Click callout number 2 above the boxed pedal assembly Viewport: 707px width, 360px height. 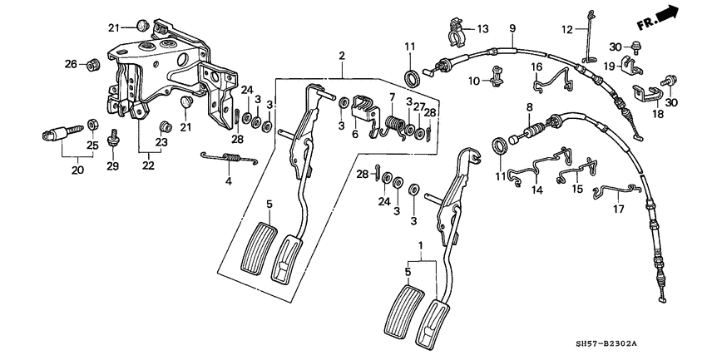(341, 56)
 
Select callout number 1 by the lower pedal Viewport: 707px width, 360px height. (420, 247)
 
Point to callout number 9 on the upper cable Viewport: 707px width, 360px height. (512, 28)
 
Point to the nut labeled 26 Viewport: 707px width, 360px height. (92, 63)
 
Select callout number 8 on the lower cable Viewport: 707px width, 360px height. (527, 106)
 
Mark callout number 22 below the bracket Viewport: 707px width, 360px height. (148, 167)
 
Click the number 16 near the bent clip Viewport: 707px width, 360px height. (536, 66)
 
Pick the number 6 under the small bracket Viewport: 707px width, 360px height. (356, 134)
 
